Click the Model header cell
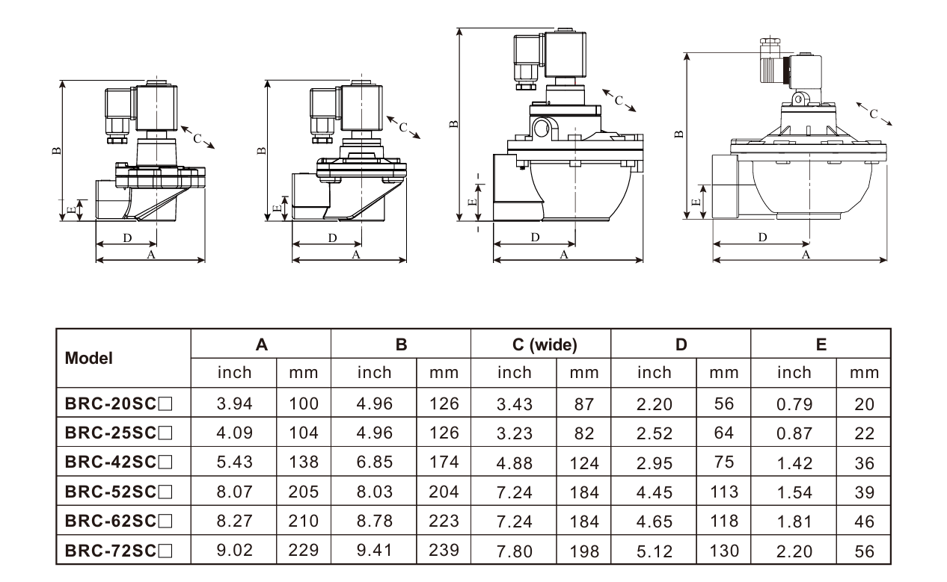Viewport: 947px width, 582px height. pyautogui.click(x=88, y=358)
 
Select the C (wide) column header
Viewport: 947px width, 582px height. pyautogui.click(x=545, y=344)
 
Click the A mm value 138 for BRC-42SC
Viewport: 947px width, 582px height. pyautogui.click(x=304, y=462)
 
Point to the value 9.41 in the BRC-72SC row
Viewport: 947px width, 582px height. pyautogui.click(x=375, y=551)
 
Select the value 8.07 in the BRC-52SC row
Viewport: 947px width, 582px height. pyautogui.click(x=235, y=492)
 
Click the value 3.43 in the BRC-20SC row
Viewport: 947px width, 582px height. pyautogui.click(x=515, y=404)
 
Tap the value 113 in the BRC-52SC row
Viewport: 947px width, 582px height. pyautogui.click(x=724, y=492)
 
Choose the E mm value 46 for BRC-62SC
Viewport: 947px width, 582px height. pyautogui.click(x=864, y=521)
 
